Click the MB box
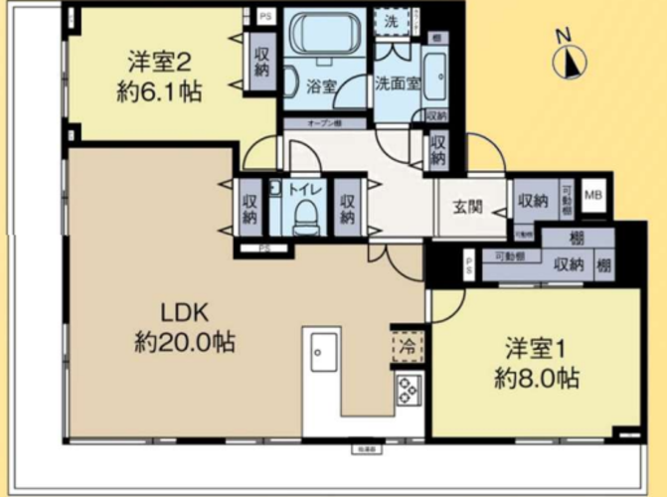[593, 195]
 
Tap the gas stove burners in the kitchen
[409, 391]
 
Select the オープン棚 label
[324, 123]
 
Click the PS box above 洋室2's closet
[263, 17]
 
